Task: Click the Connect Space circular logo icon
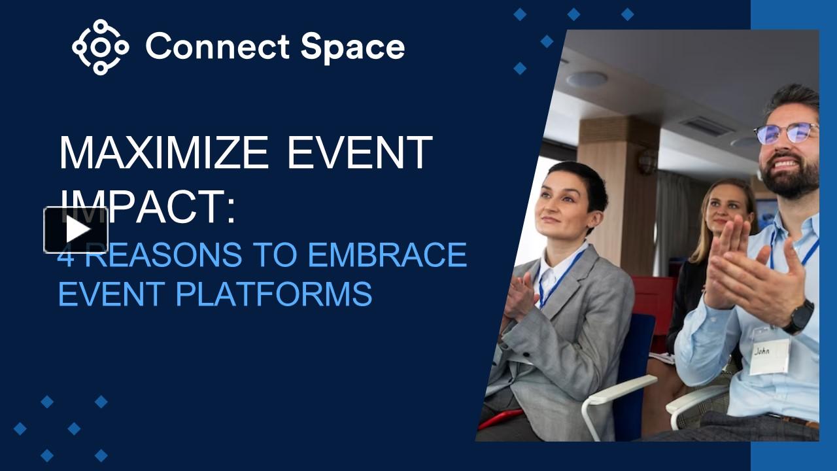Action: [x=100, y=47]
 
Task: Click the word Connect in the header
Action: [x=217, y=47]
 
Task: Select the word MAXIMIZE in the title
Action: [x=163, y=152]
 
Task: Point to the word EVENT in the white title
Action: [x=360, y=152]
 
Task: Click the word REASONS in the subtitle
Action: [x=163, y=254]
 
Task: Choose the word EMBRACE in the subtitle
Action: [x=387, y=254]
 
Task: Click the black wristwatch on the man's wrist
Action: [x=799, y=317]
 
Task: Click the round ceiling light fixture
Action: [x=587, y=79]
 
